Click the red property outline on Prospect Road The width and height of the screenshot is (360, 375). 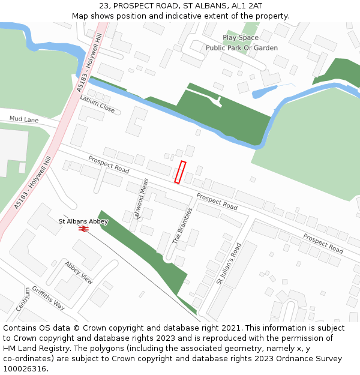click(180, 172)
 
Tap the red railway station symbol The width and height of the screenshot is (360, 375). click(83, 229)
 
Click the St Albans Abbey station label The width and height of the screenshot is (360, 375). click(83, 221)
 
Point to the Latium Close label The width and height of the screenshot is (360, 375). click(97, 104)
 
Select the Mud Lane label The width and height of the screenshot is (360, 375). click(23, 119)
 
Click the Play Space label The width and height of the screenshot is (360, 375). click(241, 38)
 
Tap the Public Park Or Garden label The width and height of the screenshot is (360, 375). click(242, 48)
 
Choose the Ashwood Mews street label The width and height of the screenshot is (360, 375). click(142, 199)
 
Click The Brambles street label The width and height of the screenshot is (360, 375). click(183, 226)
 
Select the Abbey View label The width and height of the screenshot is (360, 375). click(79, 272)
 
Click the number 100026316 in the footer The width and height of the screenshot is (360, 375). click(25, 369)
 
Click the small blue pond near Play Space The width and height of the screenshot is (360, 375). click(263, 93)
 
